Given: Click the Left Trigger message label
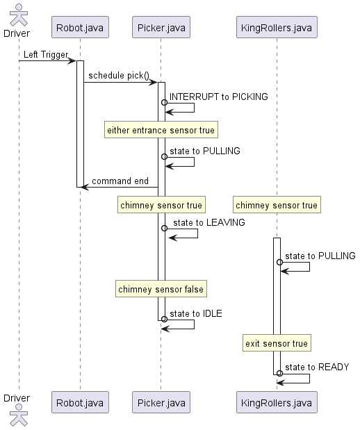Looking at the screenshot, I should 45,54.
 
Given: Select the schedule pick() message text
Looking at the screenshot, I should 118,75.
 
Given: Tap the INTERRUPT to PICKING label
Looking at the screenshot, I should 218,97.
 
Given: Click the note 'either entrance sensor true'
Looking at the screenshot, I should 161,130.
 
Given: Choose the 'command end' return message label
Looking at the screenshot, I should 120,181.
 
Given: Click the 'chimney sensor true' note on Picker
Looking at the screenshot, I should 161,205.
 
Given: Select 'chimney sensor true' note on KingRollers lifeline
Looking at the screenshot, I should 277,205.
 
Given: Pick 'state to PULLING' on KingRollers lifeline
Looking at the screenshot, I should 320,256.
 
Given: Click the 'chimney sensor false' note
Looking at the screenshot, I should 161,289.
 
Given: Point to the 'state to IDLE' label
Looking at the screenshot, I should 195,313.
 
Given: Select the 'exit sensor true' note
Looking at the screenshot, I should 277,343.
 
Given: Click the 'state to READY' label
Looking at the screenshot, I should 317,367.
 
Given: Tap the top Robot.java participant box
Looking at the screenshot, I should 80,28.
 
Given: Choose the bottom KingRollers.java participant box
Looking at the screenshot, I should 277,402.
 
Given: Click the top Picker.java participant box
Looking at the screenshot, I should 161,28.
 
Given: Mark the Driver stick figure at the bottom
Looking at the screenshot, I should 19,415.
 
